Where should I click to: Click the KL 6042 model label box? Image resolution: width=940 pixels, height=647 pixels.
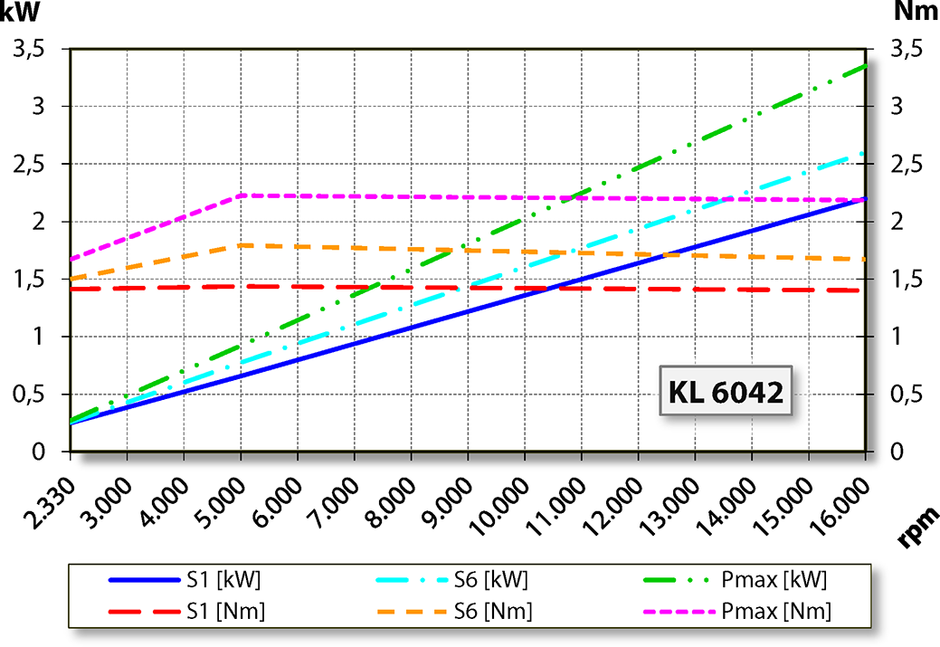tap(725, 393)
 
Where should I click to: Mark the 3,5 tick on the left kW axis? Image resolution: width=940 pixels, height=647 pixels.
tap(29, 49)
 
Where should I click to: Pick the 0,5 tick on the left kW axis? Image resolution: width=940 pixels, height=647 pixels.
tap(29, 395)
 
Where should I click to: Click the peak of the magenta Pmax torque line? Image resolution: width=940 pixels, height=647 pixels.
tap(241, 195)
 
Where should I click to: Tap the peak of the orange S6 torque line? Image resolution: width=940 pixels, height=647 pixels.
tap(241, 244)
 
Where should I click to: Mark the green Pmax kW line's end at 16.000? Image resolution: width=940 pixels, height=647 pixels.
tap(866, 66)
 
